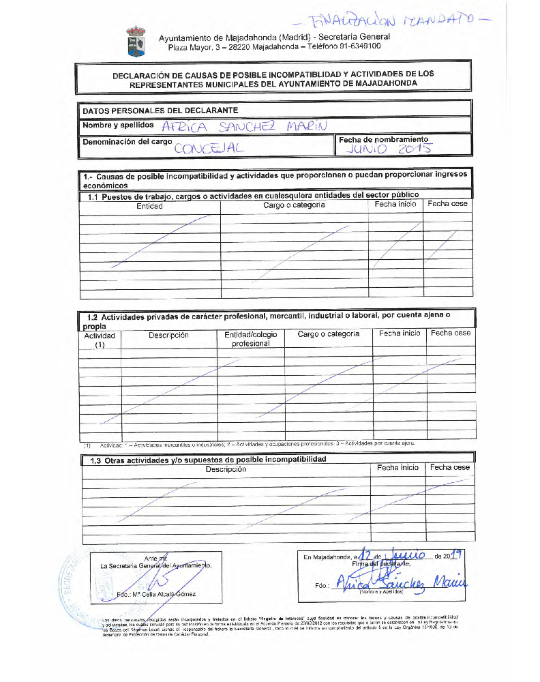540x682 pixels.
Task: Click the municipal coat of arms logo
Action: pyautogui.click(x=136, y=42)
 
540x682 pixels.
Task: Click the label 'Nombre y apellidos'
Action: pyautogui.click(x=118, y=125)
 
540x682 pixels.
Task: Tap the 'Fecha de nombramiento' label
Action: pyautogui.click(x=384, y=138)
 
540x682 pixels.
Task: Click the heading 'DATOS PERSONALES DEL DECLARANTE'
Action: pyautogui.click(x=160, y=110)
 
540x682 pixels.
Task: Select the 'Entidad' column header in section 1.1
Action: pyautogui.click(x=149, y=205)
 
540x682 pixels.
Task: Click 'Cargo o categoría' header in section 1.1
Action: pyautogui.click(x=294, y=205)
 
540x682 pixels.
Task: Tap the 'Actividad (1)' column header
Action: pyautogui.click(x=100, y=340)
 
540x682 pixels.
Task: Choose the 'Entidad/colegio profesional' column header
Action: pyautogui.click(x=250, y=339)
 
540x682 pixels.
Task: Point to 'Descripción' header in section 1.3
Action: pyautogui.click(x=226, y=469)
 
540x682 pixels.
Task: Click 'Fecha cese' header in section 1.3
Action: pyautogui.click(x=450, y=468)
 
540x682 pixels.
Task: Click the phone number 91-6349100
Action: pyautogui.click(x=358, y=46)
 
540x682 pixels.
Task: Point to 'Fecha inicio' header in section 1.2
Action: pyautogui.click(x=400, y=333)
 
